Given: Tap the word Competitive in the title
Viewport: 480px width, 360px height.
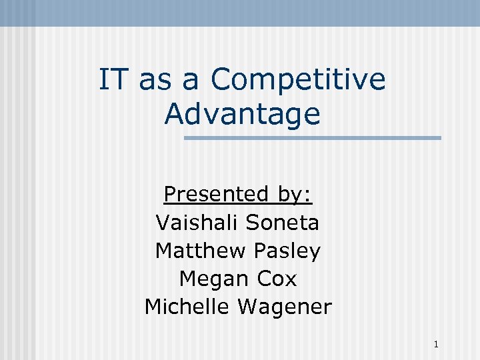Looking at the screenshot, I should pyautogui.click(x=298, y=81).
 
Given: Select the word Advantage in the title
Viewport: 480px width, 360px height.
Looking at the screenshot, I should pyautogui.click(x=242, y=114).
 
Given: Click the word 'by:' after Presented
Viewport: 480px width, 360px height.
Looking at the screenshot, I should pyautogui.click(x=293, y=195).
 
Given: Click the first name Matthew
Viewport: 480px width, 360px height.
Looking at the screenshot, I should pyautogui.click(x=201, y=251).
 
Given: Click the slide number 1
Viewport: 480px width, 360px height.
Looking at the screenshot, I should pyautogui.click(x=435, y=345).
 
